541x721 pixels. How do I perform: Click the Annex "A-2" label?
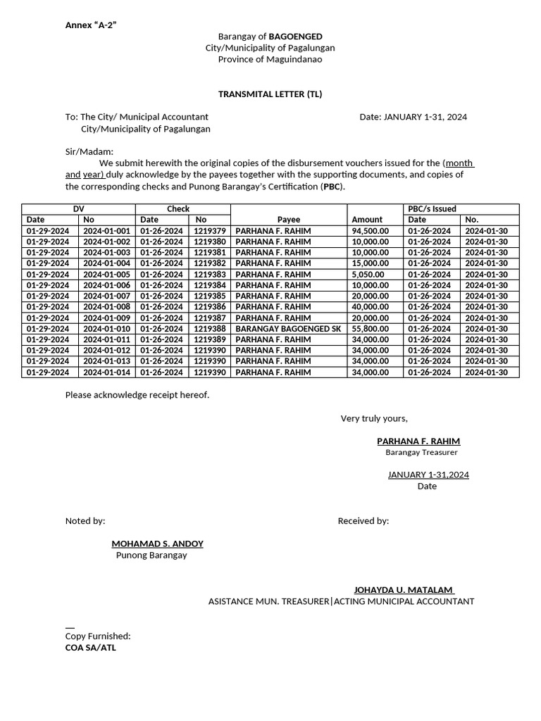[x=91, y=25]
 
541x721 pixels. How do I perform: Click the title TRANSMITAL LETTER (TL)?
[x=270, y=94]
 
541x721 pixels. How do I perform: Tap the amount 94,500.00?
[x=371, y=231]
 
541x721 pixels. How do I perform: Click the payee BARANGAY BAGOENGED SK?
[x=288, y=329]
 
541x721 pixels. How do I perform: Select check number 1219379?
[x=210, y=231]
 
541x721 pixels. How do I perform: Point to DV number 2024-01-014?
[x=106, y=372]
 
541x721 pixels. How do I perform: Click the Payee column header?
[x=289, y=220]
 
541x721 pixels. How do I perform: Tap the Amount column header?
[x=367, y=220]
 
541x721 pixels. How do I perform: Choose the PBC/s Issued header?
[x=432, y=209]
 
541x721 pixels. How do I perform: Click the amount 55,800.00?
[x=371, y=329]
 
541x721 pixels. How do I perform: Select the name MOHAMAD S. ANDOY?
[x=157, y=544]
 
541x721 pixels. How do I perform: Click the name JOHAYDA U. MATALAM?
[x=404, y=590]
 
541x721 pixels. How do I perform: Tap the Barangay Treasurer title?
[x=421, y=453]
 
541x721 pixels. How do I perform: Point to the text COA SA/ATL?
[x=91, y=648]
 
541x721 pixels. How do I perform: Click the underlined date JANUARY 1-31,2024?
[x=428, y=475]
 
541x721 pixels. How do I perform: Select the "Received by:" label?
[x=363, y=521]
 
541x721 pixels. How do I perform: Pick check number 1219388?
[x=210, y=329]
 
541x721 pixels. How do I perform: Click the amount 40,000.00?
[x=371, y=307]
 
